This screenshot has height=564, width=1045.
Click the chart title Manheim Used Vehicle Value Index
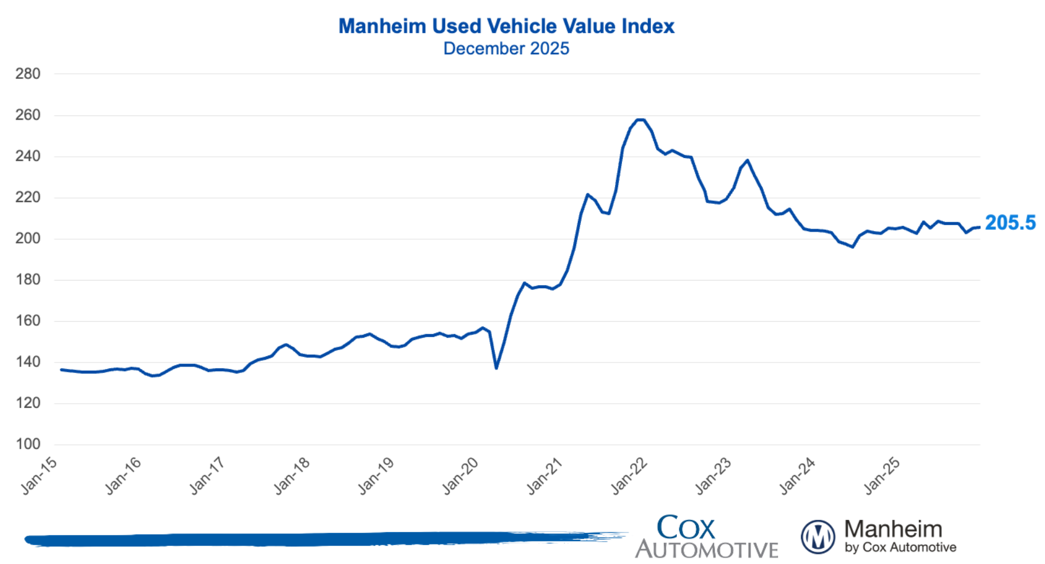pyautogui.click(x=506, y=27)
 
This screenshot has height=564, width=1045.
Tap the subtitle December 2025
pyautogui.click(x=506, y=48)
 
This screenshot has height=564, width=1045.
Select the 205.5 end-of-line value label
pyautogui.click(x=1010, y=223)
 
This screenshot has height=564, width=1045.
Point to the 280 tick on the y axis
pyautogui.click(x=28, y=74)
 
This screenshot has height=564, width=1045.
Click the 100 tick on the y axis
pyautogui.click(x=28, y=444)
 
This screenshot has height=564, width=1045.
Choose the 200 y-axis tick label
pyautogui.click(x=28, y=239)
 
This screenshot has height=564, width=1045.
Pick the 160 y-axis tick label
pyautogui.click(x=28, y=321)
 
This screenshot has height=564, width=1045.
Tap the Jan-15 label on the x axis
pyautogui.click(x=39, y=476)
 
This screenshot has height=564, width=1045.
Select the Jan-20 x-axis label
pyautogui.click(x=460, y=476)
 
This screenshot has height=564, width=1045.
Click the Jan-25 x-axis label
pyautogui.click(x=882, y=476)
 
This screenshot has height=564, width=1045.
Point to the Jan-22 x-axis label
pyautogui.click(x=629, y=476)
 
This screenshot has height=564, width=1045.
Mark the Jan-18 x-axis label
pyautogui.click(x=292, y=476)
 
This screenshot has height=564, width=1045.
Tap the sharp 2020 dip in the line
pyautogui.click(x=497, y=368)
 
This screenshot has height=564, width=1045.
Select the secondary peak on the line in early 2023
pyautogui.click(x=748, y=160)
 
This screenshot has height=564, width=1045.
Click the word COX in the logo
pyautogui.click(x=686, y=527)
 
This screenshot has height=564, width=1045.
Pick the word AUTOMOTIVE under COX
pyautogui.click(x=706, y=550)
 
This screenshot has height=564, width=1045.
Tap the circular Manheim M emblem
pyautogui.click(x=818, y=537)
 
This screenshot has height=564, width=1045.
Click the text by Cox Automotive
pyautogui.click(x=900, y=547)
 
